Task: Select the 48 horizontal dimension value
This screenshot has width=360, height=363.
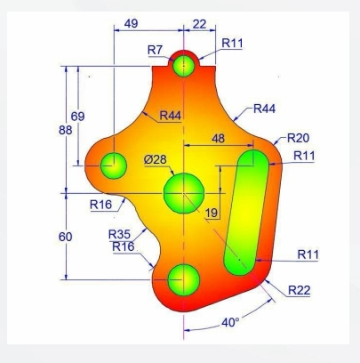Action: coord(217,140)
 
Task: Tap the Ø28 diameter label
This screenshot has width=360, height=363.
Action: coord(156,160)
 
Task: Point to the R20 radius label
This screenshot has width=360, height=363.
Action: coord(298,140)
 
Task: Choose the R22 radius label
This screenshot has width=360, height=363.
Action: coord(300,290)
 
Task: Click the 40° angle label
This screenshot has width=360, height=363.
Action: coord(229,322)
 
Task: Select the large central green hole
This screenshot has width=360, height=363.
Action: coord(184,190)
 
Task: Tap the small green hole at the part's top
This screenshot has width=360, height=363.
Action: coord(184,65)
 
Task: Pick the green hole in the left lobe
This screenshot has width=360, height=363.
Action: coord(114,165)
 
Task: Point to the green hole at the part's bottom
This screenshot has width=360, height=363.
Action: coord(184,278)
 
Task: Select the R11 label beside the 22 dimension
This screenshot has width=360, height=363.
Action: coord(234,42)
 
